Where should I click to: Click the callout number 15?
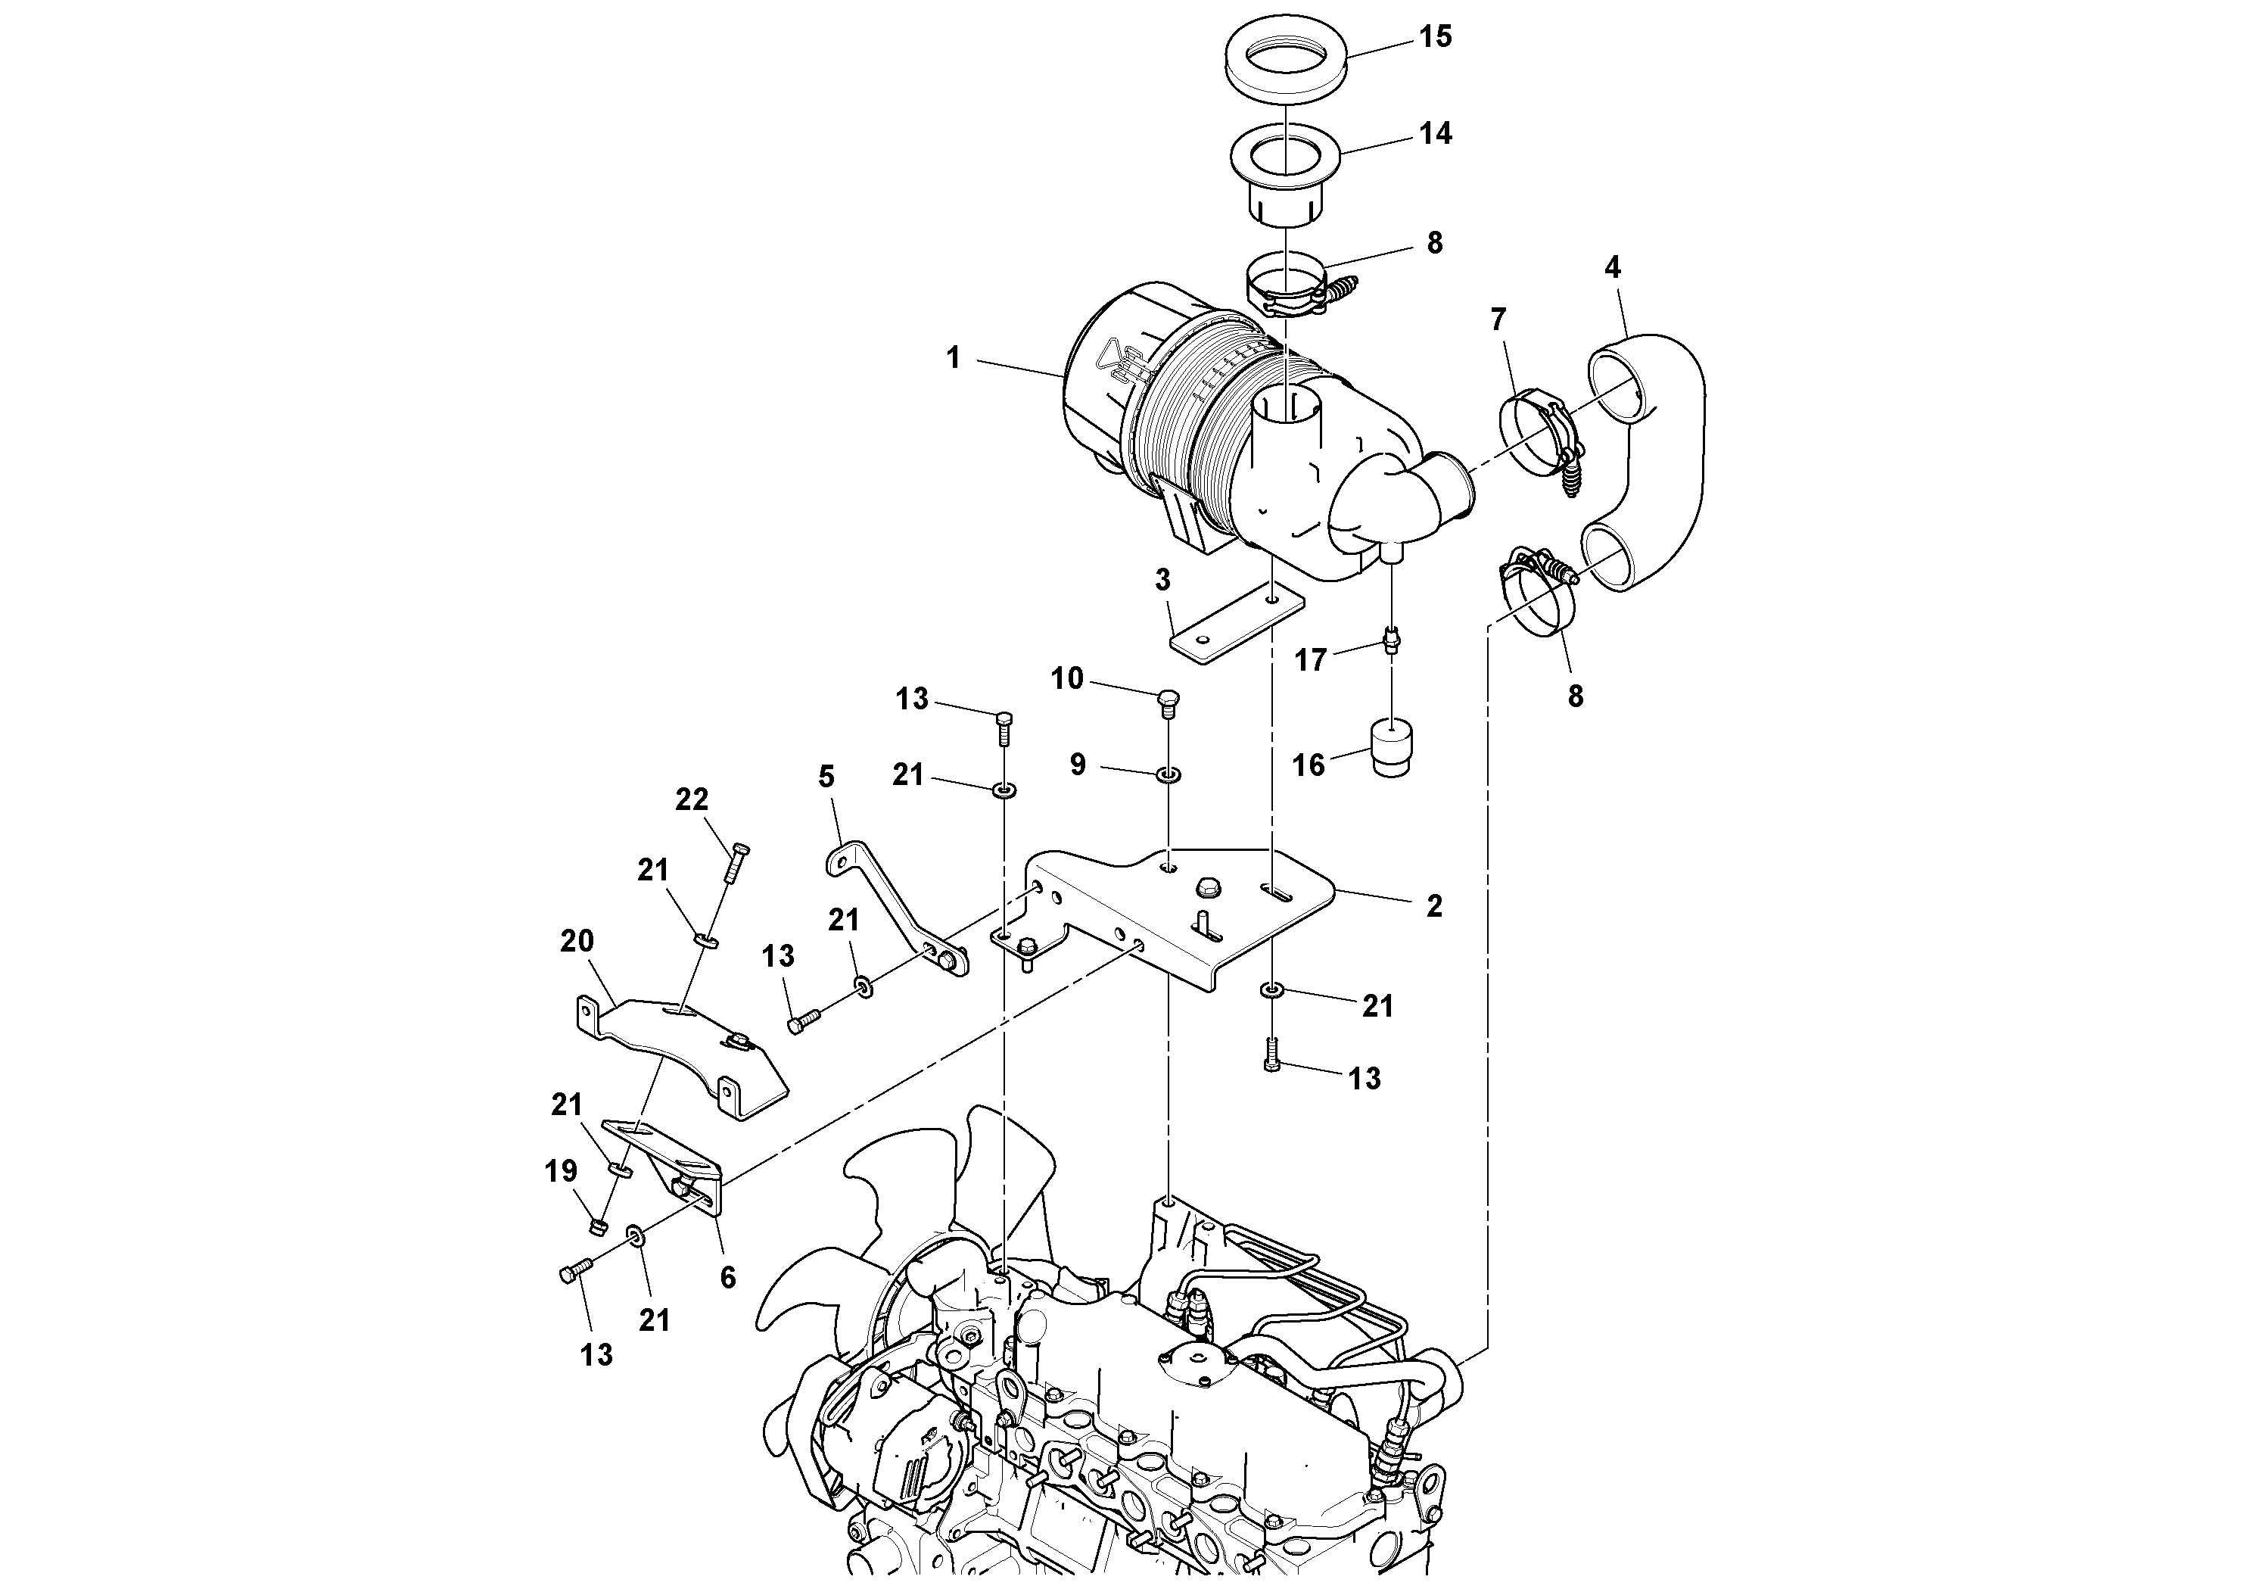1436,37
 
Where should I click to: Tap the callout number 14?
1436,133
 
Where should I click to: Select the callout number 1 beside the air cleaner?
953,358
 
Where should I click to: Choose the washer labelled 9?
1168,775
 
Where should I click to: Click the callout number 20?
577,940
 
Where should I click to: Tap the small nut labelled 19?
595,1225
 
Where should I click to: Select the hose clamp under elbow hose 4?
1539,593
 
